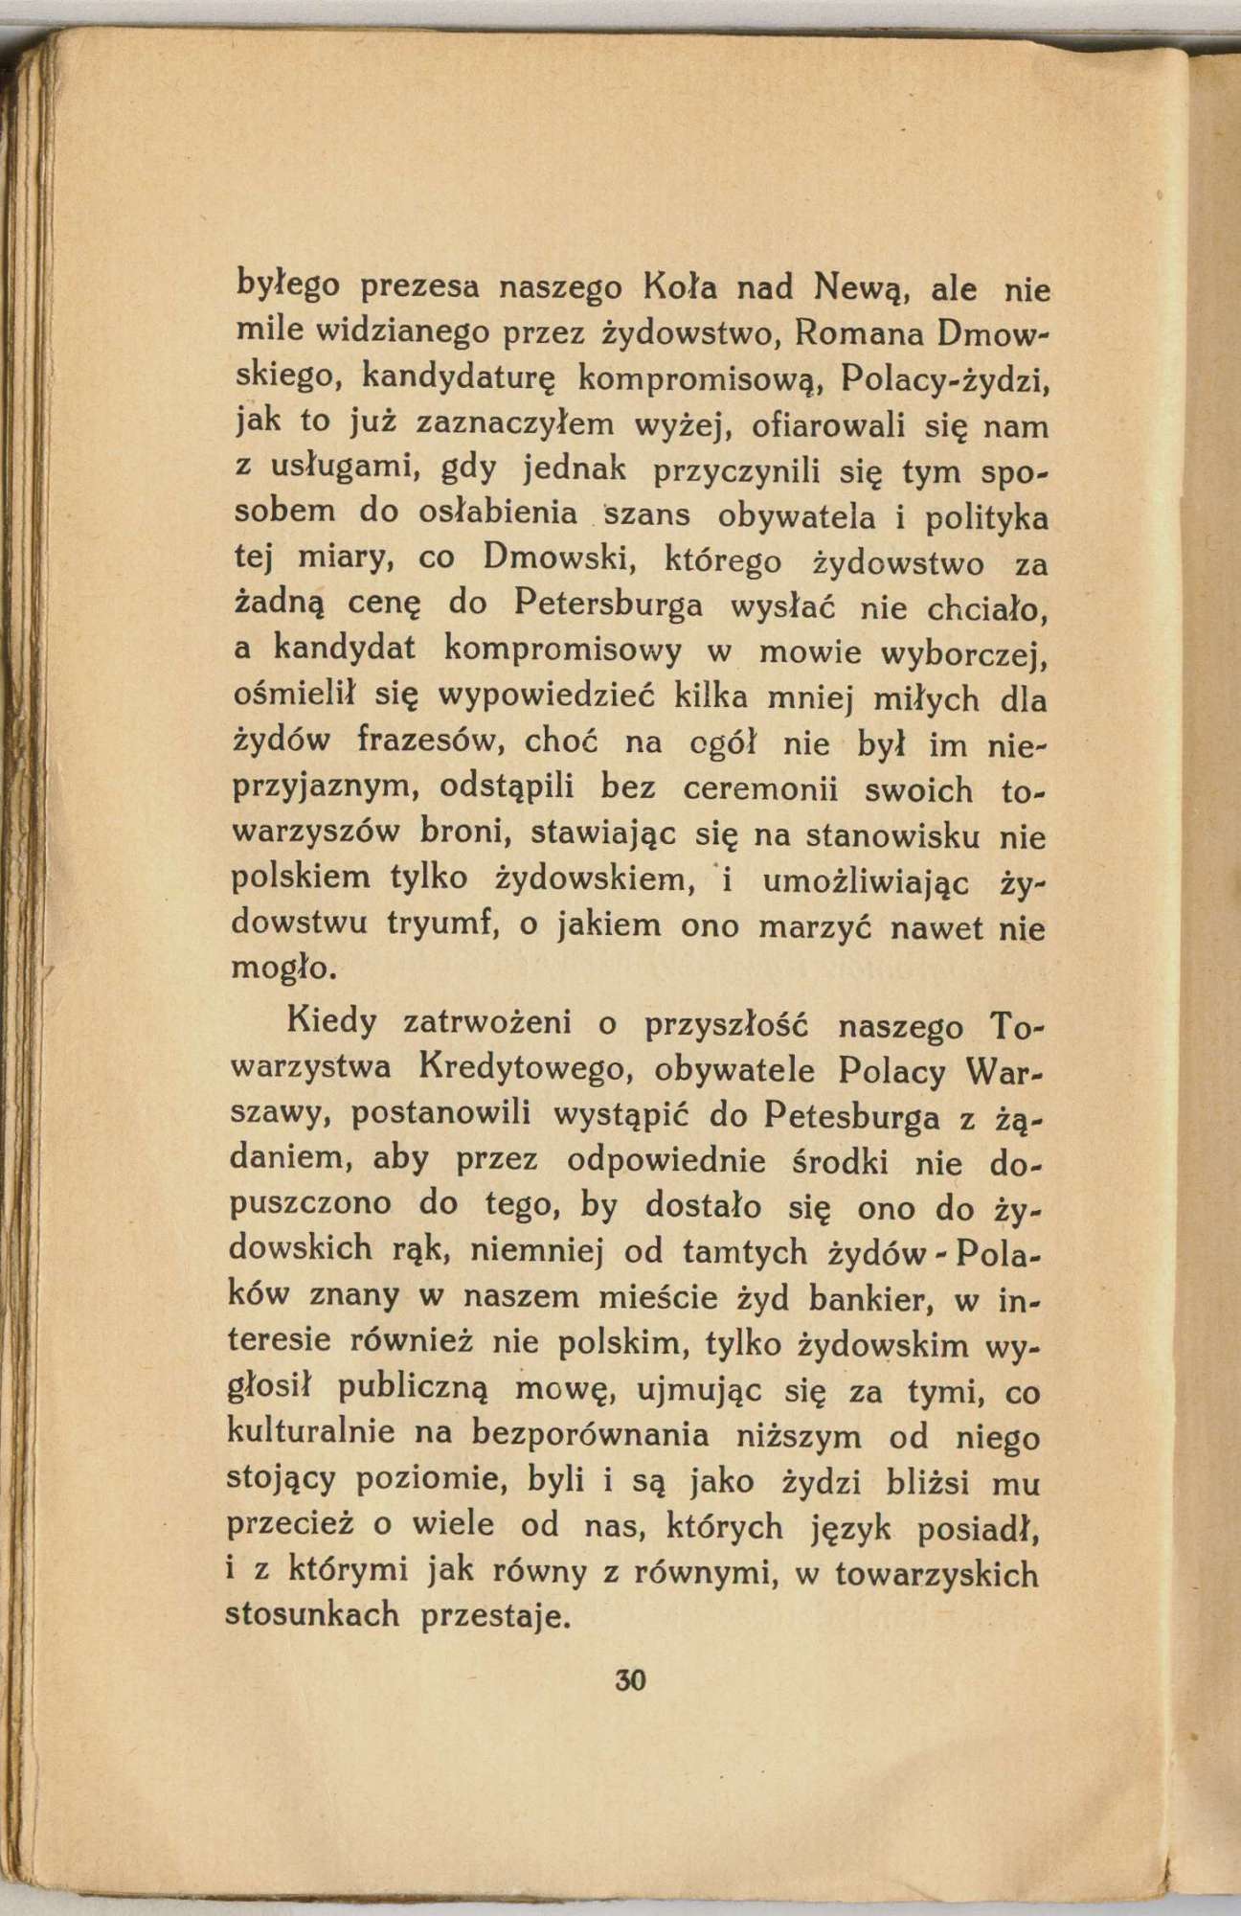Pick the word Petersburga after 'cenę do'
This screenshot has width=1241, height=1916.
607,605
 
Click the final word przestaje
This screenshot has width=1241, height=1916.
496,1616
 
